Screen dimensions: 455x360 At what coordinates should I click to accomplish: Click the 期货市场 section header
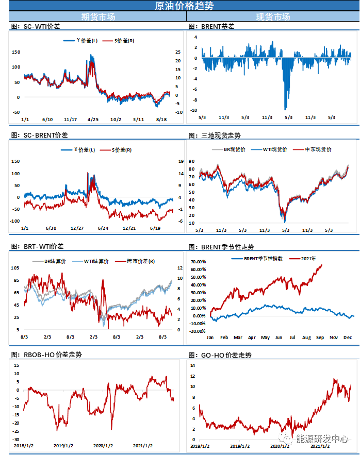click(98, 17)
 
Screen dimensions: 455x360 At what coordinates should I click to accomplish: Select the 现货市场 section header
click(273, 17)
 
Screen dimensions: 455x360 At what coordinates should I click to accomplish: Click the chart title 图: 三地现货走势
click(215, 136)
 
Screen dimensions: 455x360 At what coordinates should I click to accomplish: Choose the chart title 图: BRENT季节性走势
click(221, 247)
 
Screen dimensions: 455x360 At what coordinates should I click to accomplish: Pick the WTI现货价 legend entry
click(272, 149)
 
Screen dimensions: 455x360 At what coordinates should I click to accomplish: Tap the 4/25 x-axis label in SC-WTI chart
click(93, 120)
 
